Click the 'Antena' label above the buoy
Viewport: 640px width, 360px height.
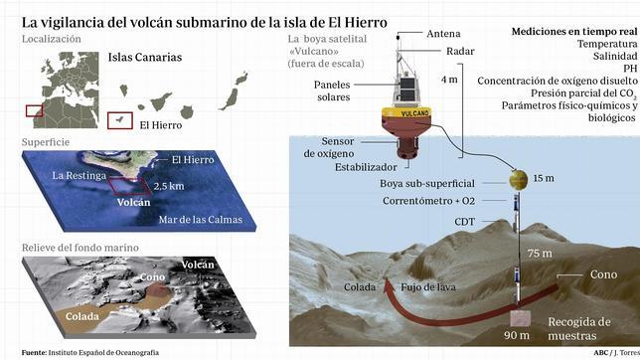(x=444, y=33)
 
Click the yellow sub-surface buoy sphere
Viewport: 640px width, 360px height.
(x=517, y=180)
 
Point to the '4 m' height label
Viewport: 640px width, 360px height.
(x=449, y=79)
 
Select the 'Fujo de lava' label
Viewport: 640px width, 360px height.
(x=427, y=286)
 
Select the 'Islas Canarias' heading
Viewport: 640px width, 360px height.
(x=145, y=58)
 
